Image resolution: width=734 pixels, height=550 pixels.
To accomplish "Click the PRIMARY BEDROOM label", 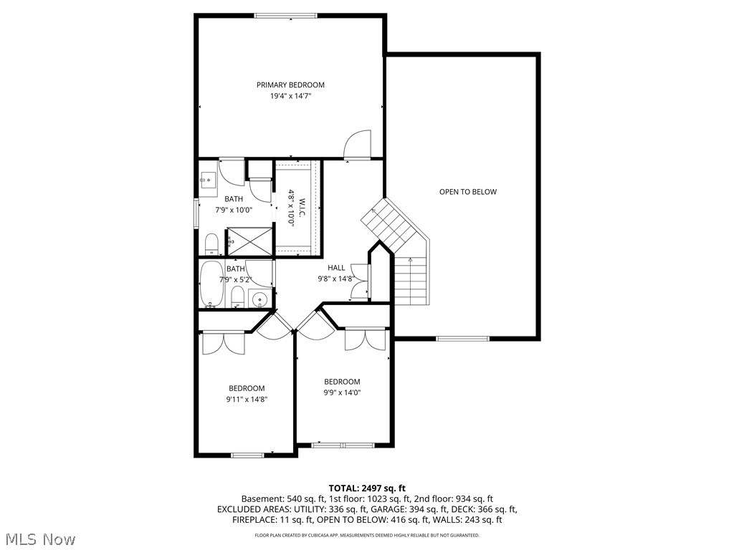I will click(290, 85).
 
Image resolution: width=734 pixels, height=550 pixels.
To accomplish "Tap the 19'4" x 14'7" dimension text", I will click(290, 96).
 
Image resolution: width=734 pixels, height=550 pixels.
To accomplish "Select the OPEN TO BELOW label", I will click(467, 192).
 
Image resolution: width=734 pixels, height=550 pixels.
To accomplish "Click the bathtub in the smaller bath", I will click(213, 284).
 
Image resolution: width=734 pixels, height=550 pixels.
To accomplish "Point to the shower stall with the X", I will click(249, 241).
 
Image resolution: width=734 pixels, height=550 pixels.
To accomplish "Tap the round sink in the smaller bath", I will click(259, 299).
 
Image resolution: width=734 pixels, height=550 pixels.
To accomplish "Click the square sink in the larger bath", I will click(209, 180).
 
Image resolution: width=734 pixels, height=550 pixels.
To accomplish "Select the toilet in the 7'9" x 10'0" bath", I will click(211, 244).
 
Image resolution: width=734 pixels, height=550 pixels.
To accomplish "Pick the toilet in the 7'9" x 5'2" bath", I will click(238, 299).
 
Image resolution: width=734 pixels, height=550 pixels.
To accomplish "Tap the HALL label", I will click(336, 268).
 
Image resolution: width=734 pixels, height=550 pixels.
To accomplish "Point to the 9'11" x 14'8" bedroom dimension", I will click(247, 400).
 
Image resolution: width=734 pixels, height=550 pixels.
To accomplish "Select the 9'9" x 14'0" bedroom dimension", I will click(342, 392).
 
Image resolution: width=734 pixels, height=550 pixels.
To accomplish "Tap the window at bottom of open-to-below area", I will click(462, 339).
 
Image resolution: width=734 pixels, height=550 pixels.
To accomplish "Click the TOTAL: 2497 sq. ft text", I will click(367, 488).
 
